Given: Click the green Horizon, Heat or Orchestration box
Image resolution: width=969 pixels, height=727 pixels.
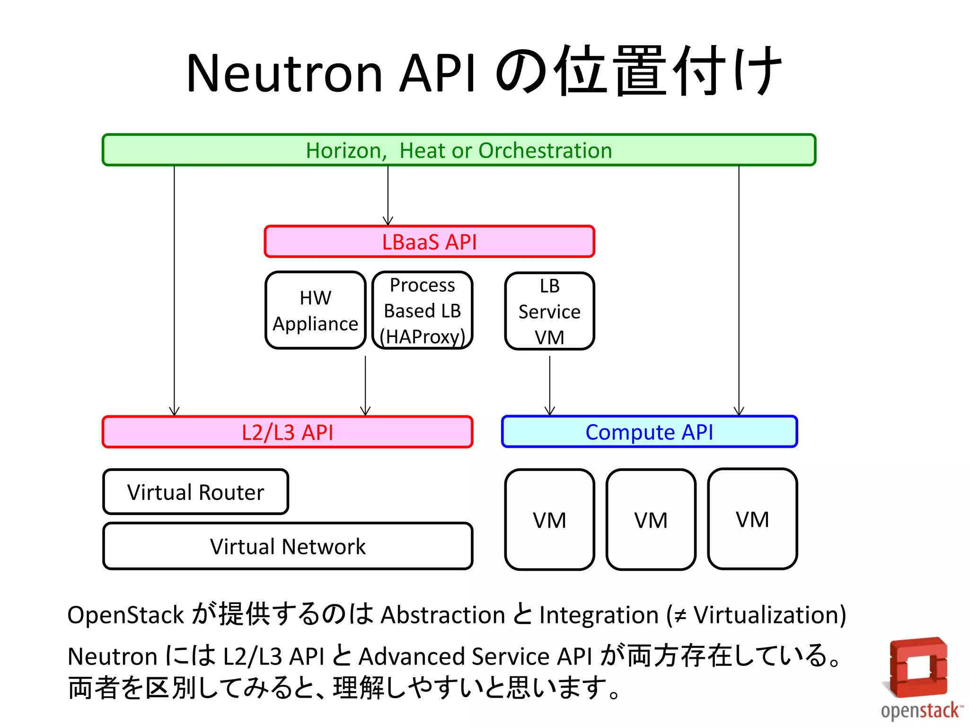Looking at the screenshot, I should pos(459,150).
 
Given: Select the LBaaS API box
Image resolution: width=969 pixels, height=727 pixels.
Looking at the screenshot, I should pos(429,242).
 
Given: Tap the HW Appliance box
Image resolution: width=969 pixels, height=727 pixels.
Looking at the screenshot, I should pos(316,310).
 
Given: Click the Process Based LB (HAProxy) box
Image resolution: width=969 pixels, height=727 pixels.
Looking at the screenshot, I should pos(423,310).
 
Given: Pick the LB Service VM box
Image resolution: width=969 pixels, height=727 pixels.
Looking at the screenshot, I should pos(549,311).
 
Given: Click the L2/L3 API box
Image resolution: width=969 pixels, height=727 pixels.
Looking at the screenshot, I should pos(287,432).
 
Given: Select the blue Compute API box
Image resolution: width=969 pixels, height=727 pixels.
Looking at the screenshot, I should pos(649,432).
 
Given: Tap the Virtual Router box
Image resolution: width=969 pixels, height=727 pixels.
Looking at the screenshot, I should pos(195,492).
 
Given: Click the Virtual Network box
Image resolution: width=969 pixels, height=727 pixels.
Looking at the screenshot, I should pos(287,546).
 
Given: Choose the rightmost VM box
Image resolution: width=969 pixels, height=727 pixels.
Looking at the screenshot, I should pos(752,519).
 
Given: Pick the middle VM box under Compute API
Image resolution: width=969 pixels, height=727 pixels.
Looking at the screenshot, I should pos(651,520).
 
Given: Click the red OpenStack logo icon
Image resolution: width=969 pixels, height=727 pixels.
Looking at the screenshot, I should pos(918,667).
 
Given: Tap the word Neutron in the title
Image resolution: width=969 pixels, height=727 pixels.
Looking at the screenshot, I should pos(284,73).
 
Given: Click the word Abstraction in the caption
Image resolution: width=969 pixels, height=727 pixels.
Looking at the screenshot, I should pos(443,615).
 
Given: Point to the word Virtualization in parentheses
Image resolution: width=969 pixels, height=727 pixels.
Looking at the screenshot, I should pos(766,615).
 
